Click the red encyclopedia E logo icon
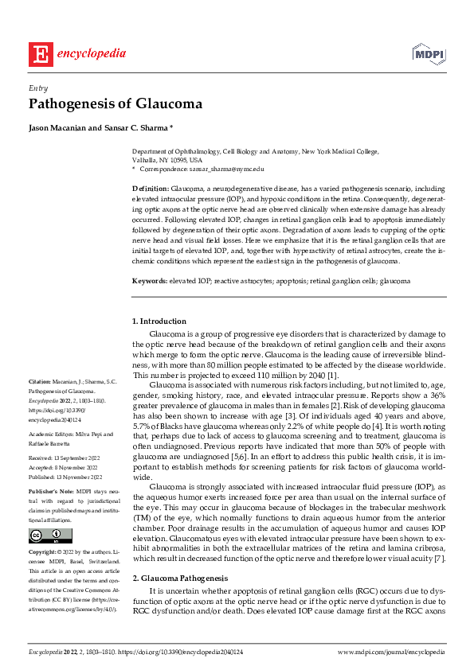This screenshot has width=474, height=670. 39,53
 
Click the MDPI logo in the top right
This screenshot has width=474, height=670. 428,53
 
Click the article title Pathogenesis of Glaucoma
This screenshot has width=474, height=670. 116,104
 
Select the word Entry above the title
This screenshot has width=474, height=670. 38,88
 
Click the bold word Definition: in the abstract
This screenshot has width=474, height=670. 150,187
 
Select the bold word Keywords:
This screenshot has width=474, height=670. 150,281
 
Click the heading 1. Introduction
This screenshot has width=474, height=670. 159,321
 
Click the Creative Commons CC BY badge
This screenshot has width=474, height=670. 41,512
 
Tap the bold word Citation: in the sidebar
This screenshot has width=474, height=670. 39,383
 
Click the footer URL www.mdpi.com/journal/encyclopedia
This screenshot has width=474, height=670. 391,652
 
